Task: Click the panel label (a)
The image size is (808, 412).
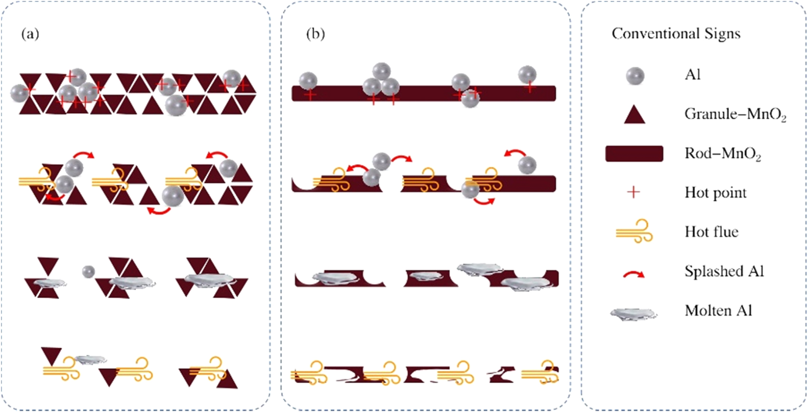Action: click(x=30, y=34)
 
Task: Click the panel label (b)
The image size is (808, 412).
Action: click(x=315, y=34)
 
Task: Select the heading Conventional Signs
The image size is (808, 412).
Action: click(x=676, y=34)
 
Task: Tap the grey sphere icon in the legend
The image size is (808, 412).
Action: click(x=635, y=76)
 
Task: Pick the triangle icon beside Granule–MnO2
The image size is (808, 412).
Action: click(x=634, y=114)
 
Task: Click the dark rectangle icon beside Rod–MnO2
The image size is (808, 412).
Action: click(x=634, y=153)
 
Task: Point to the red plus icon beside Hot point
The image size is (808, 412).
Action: click(x=634, y=192)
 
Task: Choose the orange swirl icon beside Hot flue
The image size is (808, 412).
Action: click(x=635, y=231)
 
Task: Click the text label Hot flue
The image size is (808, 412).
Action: click(x=711, y=232)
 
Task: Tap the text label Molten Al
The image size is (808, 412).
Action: click(x=718, y=311)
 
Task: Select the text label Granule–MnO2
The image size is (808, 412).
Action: click(x=735, y=114)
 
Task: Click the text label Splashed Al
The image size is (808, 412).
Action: click(x=724, y=271)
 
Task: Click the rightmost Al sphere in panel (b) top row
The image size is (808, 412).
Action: click(x=527, y=75)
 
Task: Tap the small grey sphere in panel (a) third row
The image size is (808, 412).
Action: click(x=88, y=271)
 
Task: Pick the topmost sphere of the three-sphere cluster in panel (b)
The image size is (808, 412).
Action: click(x=381, y=71)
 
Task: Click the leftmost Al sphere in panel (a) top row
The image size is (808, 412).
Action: click(x=20, y=93)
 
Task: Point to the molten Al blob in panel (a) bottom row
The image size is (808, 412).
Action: click(x=91, y=359)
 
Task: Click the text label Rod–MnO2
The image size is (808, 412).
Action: click(x=723, y=154)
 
